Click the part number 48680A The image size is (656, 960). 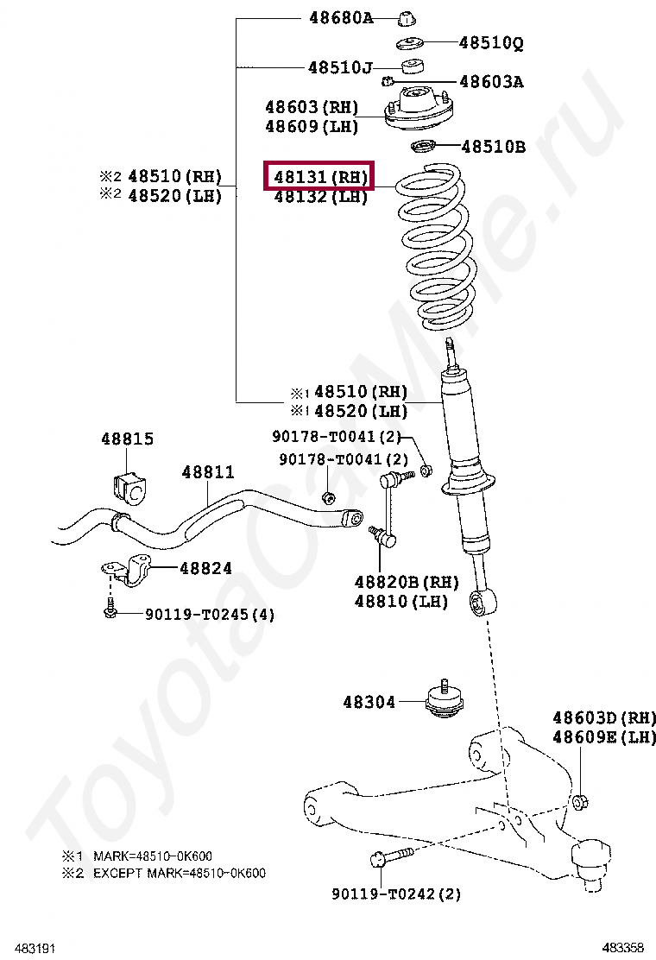(341, 17)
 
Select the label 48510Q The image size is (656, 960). (491, 42)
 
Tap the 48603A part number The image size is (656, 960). (491, 82)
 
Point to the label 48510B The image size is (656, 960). (493, 147)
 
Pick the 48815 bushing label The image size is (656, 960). (127, 439)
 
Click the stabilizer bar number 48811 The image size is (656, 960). (208, 472)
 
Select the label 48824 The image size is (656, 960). (205, 568)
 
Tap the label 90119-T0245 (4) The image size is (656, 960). (210, 615)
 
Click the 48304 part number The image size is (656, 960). (369, 702)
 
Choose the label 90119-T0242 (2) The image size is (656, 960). (396, 894)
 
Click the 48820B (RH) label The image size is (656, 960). (407, 582)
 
